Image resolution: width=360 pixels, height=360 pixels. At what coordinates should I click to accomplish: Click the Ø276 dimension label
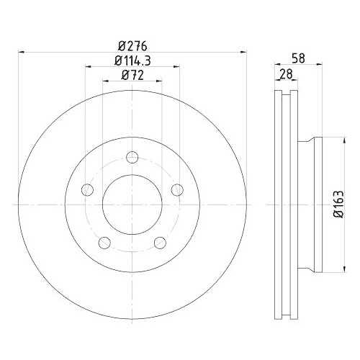[x=132, y=46]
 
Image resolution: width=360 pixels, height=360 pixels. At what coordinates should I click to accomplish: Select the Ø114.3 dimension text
[x=132, y=60]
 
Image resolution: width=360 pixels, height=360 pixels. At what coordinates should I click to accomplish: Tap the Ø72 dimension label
[x=132, y=75]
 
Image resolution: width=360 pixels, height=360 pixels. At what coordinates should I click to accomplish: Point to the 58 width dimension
[x=298, y=58]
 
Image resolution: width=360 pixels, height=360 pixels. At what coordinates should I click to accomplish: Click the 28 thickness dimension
[x=287, y=74]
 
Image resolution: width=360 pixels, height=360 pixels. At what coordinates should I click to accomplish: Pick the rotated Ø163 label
[x=339, y=204]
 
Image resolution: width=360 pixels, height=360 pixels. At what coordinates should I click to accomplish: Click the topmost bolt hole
[x=132, y=157]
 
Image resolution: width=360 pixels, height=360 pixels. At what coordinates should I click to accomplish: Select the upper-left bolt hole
[x=87, y=190]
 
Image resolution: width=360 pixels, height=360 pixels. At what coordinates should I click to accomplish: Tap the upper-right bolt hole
[x=177, y=190]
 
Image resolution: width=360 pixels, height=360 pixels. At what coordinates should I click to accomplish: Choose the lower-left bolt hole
[x=104, y=243]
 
